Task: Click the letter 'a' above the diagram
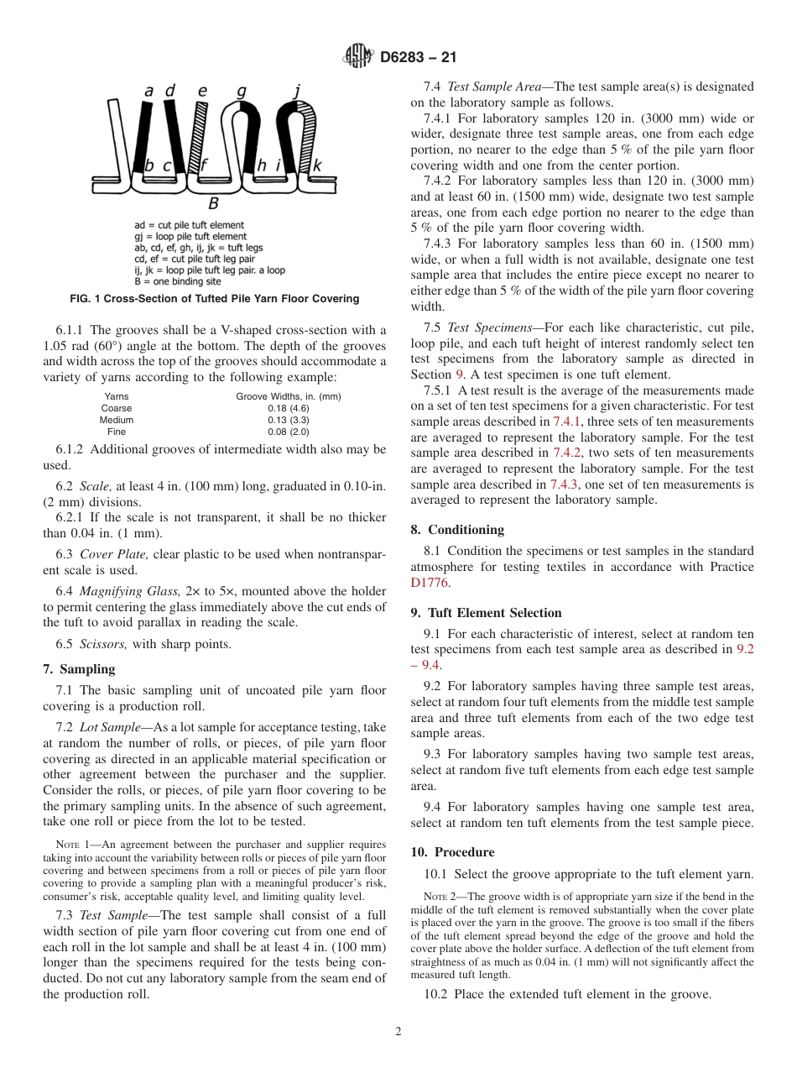[148, 91]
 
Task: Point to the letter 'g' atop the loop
[242, 91]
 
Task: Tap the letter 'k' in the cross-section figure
[317, 166]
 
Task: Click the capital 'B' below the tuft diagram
[213, 202]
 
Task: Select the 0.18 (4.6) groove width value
[289, 408]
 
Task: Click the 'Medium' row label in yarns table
[117, 420]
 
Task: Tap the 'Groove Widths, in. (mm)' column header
[289, 396]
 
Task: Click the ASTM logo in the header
[358, 58]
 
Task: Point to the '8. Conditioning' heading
[457, 530]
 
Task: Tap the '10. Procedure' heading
[453, 851]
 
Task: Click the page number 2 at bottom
[398, 1032]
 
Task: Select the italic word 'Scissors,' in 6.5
[102, 644]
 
